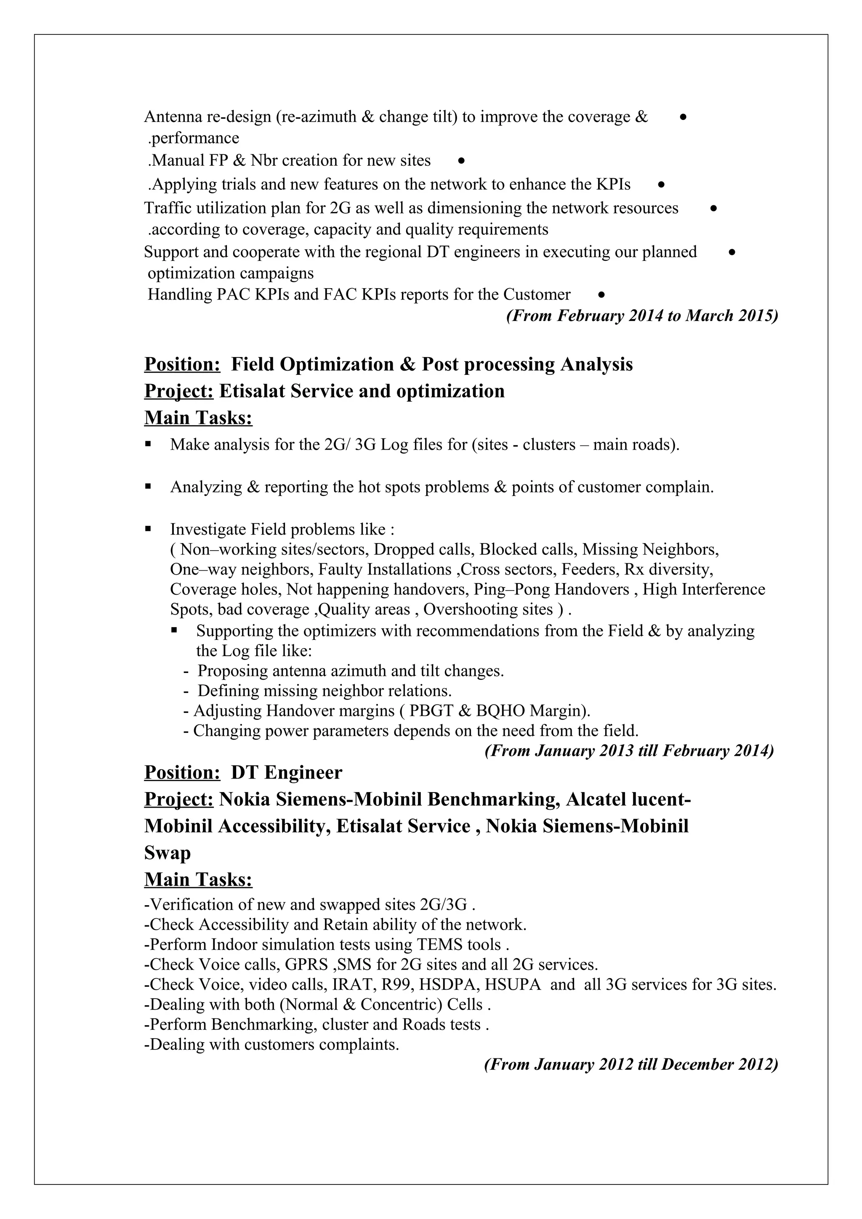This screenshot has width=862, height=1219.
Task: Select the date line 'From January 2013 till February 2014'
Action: point(629,751)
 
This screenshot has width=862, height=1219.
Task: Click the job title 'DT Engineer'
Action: point(286,772)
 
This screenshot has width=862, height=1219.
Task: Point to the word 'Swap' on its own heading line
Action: point(167,853)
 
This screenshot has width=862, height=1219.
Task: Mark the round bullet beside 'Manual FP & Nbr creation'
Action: point(462,160)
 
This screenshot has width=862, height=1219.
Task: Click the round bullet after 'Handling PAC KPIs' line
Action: point(601,295)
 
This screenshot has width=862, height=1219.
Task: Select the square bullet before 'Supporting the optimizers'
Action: point(174,630)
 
